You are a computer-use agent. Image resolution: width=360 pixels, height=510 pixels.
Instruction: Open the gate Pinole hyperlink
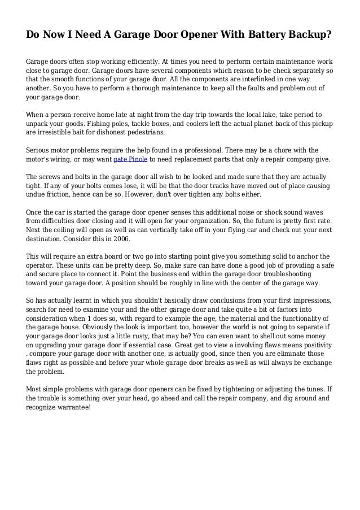(x=130, y=160)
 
